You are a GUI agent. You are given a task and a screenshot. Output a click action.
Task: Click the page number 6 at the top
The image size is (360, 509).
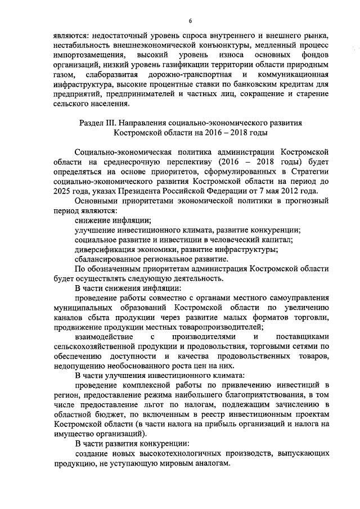[x=190, y=21]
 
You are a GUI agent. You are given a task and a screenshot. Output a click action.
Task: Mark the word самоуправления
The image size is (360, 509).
[x=294, y=300]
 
